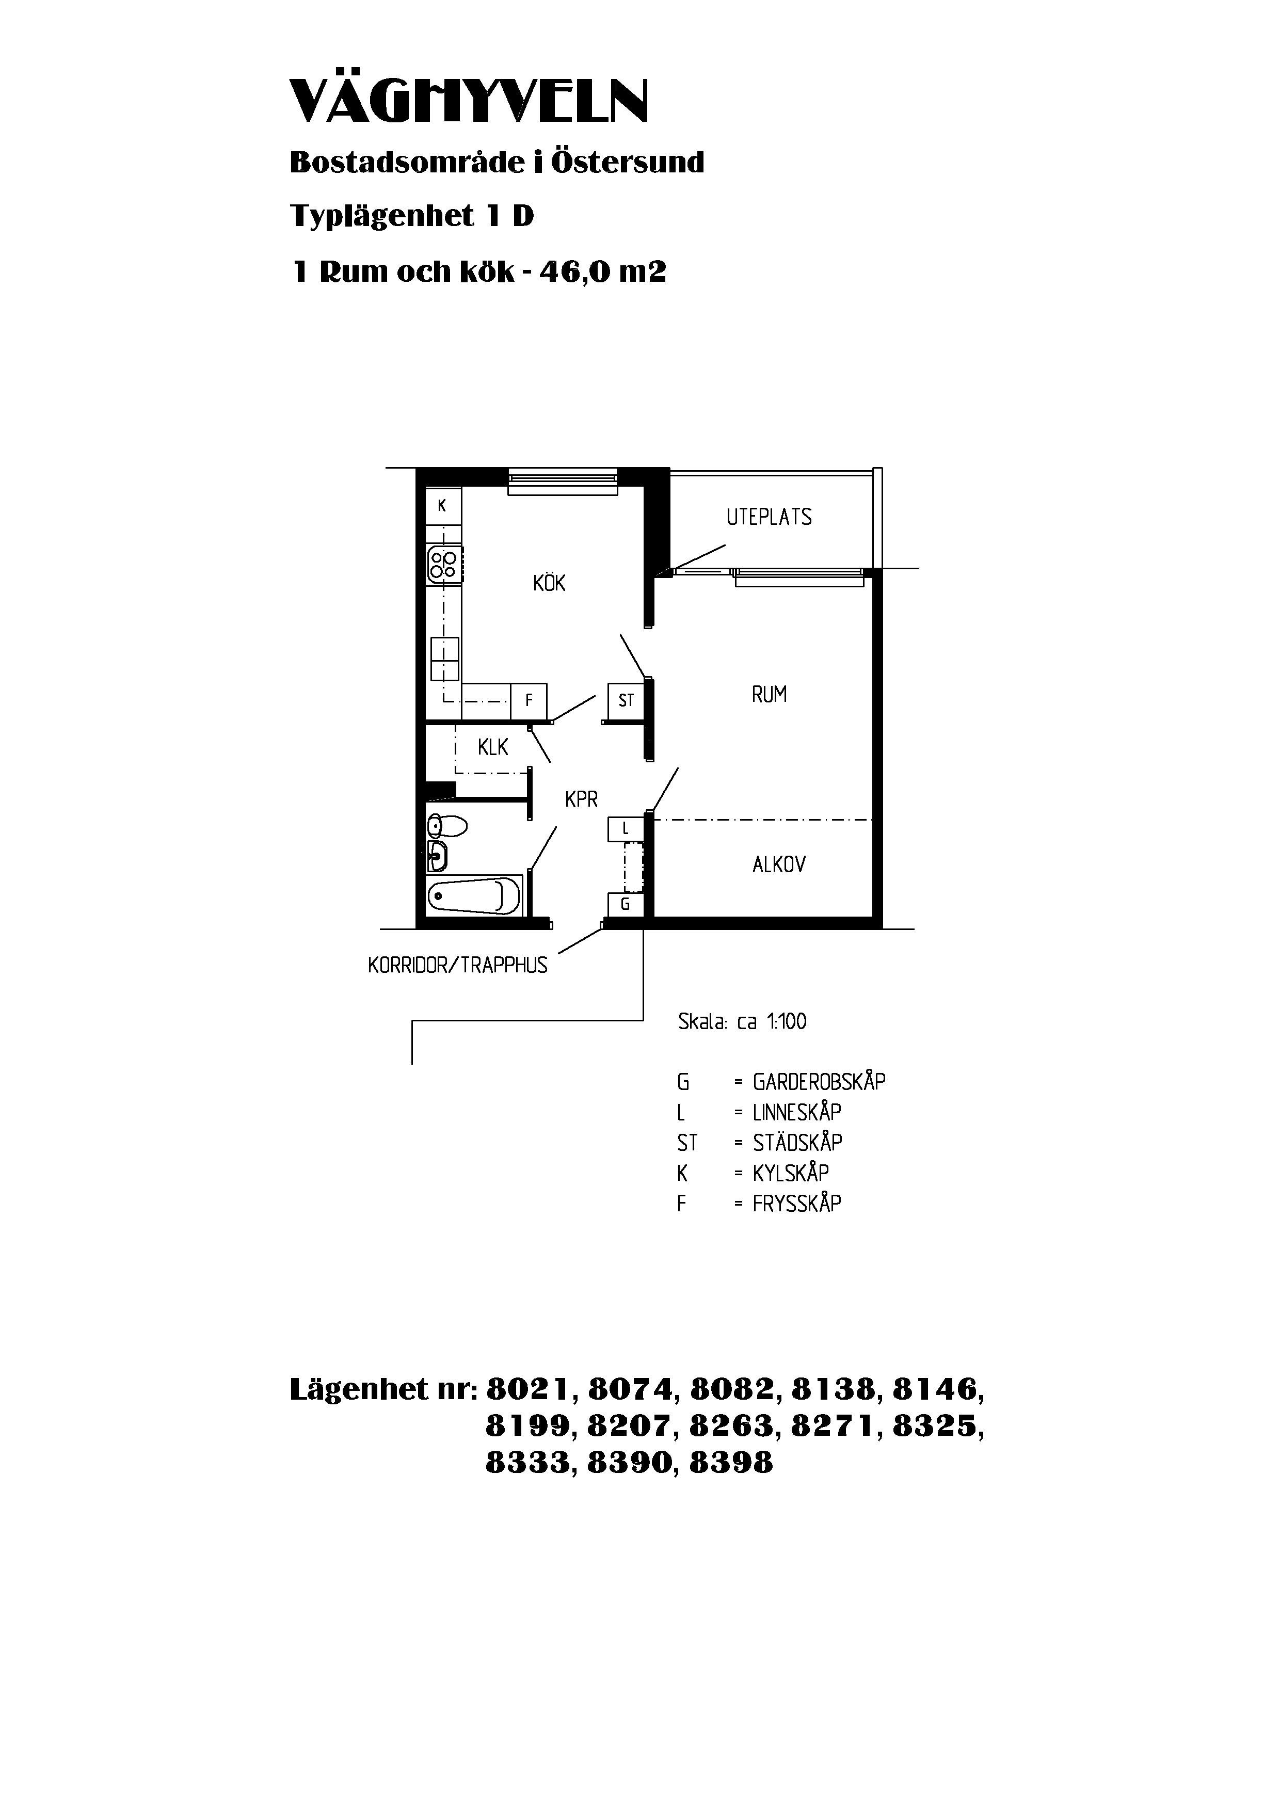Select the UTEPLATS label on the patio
click(x=769, y=518)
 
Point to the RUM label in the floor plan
click(x=769, y=695)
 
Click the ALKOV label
click(x=779, y=866)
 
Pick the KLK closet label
click(x=493, y=747)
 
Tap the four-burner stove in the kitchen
click(x=443, y=565)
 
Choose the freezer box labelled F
click(x=529, y=700)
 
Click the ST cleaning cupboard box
click(x=626, y=700)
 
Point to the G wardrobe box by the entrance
click(x=626, y=904)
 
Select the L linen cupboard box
click(x=626, y=829)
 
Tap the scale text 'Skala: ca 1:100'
click(x=742, y=1022)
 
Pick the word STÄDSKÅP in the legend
click(x=797, y=1143)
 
